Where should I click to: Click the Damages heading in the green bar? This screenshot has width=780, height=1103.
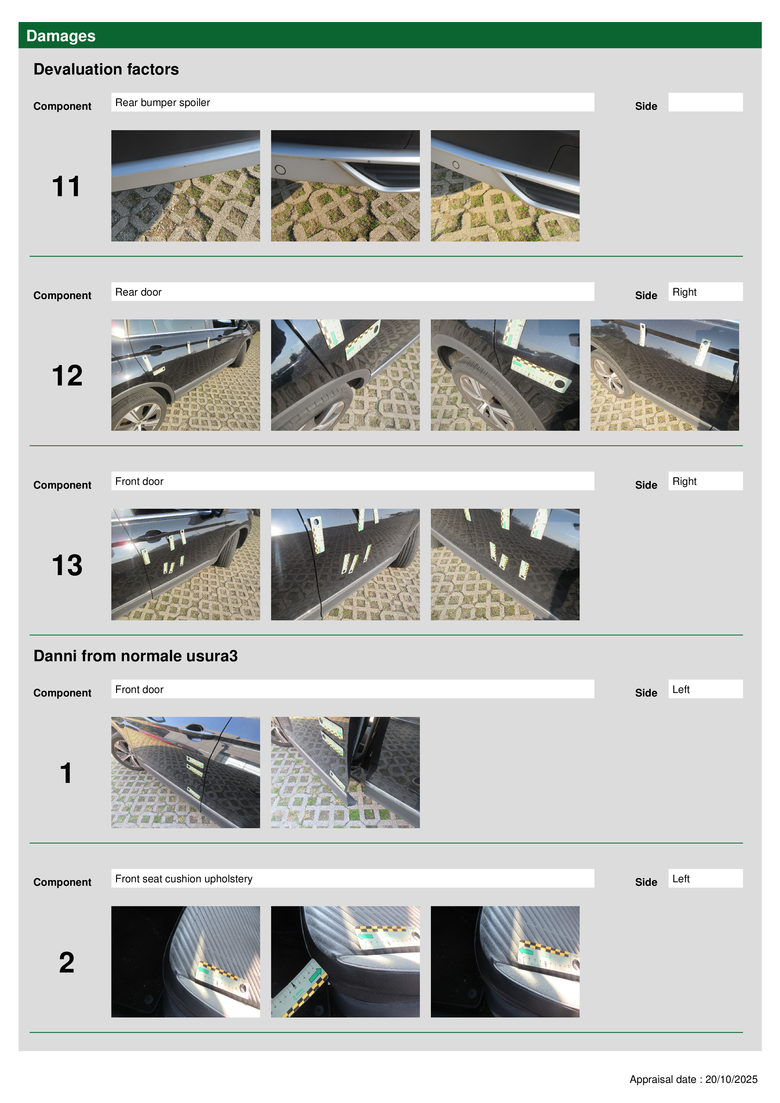click(61, 36)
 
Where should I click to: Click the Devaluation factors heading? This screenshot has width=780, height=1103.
click(106, 69)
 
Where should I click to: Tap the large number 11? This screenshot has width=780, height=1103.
click(66, 186)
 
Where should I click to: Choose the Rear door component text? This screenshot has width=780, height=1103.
click(138, 292)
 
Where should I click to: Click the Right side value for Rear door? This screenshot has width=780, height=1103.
click(684, 292)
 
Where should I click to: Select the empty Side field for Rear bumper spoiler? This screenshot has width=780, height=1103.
click(705, 102)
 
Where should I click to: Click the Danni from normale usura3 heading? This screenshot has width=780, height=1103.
click(136, 656)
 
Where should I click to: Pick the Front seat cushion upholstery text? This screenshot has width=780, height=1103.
click(184, 879)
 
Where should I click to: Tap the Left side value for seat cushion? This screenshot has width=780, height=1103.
click(681, 879)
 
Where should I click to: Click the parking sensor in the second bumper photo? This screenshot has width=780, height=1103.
click(280, 169)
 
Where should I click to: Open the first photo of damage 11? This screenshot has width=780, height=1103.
click(186, 186)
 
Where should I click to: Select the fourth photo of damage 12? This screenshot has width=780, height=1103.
click(665, 375)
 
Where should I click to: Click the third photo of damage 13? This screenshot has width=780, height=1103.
click(505, 564)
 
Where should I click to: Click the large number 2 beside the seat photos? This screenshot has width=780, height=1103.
click(67, 962)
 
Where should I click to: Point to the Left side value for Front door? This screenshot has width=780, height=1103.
click(681, 689)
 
